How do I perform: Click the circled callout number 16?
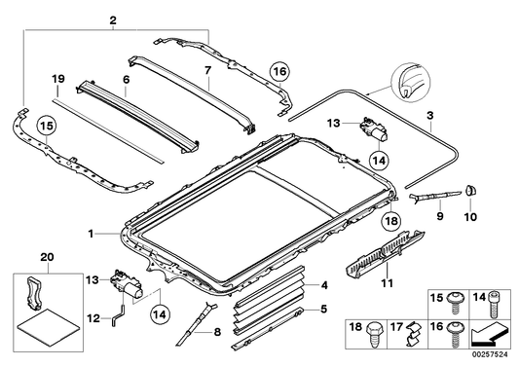tap(279, 72)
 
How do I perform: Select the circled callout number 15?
tap(47, 127)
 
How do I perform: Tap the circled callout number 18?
tap(390, 221)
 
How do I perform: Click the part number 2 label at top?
tap(113, 20)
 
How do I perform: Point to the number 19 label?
tap(57, 80)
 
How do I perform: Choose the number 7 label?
tap(207, 70)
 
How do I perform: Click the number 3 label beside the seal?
tap(429, 116)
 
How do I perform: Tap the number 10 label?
tap(470, 217)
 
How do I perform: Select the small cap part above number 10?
tap(470, 190)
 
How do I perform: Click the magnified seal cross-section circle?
tap(411, 83)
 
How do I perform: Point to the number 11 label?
tap(387, 283)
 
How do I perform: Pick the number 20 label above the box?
tap(47, 257)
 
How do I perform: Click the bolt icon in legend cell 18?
tap(373, 335)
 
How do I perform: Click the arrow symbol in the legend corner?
tap(489, 335)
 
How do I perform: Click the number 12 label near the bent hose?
tap(93, 318)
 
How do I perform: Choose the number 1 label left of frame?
tap(91, 234)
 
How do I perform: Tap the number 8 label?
tap(217, 332)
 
